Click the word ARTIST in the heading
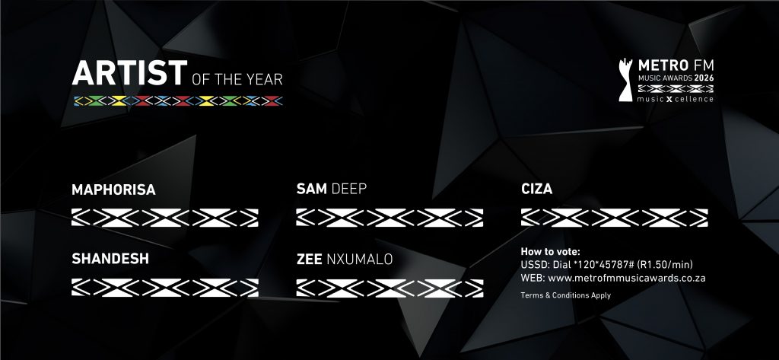129,74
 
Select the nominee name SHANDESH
110,260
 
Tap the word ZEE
310,260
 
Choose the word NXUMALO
359,260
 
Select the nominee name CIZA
536,189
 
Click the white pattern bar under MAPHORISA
164,217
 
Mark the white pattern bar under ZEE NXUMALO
389,288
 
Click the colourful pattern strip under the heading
178,100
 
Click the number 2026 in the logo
703,78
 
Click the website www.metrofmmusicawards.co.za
626,278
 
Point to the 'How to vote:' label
550,252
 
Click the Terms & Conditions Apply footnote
566,295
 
